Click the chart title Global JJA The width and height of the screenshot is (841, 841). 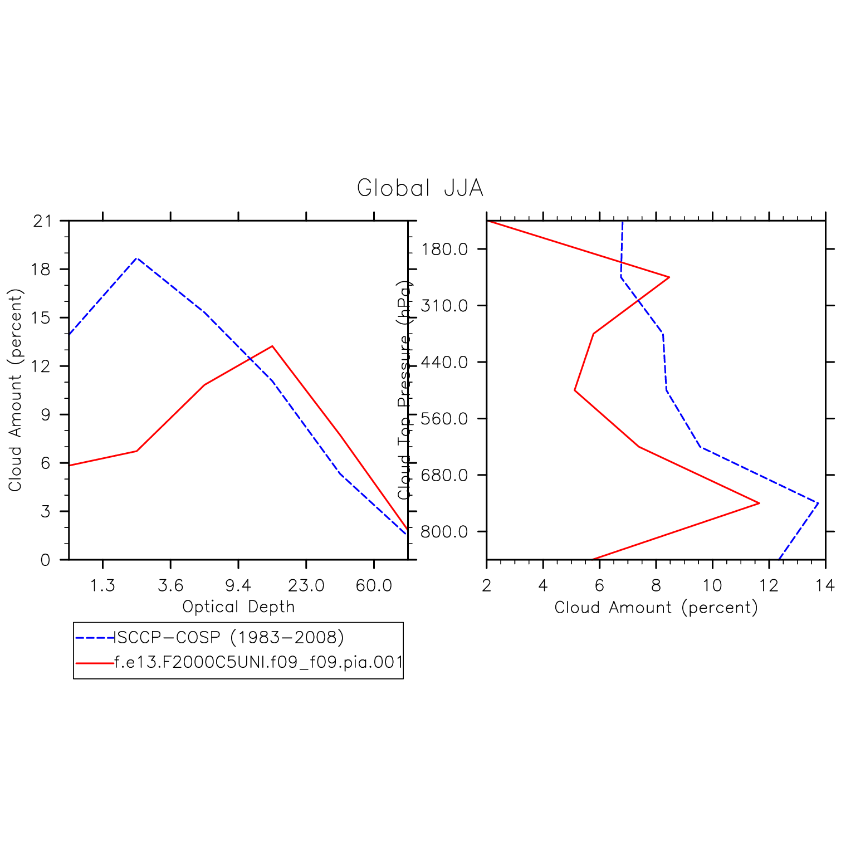[419, 188]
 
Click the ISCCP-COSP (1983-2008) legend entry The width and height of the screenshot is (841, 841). [228, 637]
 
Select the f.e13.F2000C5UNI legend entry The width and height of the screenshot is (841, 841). [258, 663]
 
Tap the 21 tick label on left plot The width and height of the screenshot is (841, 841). [42, 221]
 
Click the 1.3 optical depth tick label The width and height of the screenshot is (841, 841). [102, 585]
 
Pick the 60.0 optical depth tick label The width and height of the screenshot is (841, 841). [374, 585]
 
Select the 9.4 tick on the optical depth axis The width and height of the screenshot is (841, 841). [238, 585]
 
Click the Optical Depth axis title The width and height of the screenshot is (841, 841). [238, 607]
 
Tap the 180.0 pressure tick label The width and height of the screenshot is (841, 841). [444, 249]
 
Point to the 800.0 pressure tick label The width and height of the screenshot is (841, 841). [444, 532]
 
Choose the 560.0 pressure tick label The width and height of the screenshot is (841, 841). [444, 419]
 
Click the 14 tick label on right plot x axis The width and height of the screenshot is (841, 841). [825, 585]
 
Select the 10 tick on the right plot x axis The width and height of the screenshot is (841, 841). [712, 585]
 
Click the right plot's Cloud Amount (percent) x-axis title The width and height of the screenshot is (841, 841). [656, 607]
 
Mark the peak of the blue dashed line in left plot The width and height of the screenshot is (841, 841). [136, 258]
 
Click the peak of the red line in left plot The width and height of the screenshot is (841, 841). [272, 346]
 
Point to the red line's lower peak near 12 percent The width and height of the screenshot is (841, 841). [759, 503]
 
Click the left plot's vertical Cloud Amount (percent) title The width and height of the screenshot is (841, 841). [15, 390]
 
